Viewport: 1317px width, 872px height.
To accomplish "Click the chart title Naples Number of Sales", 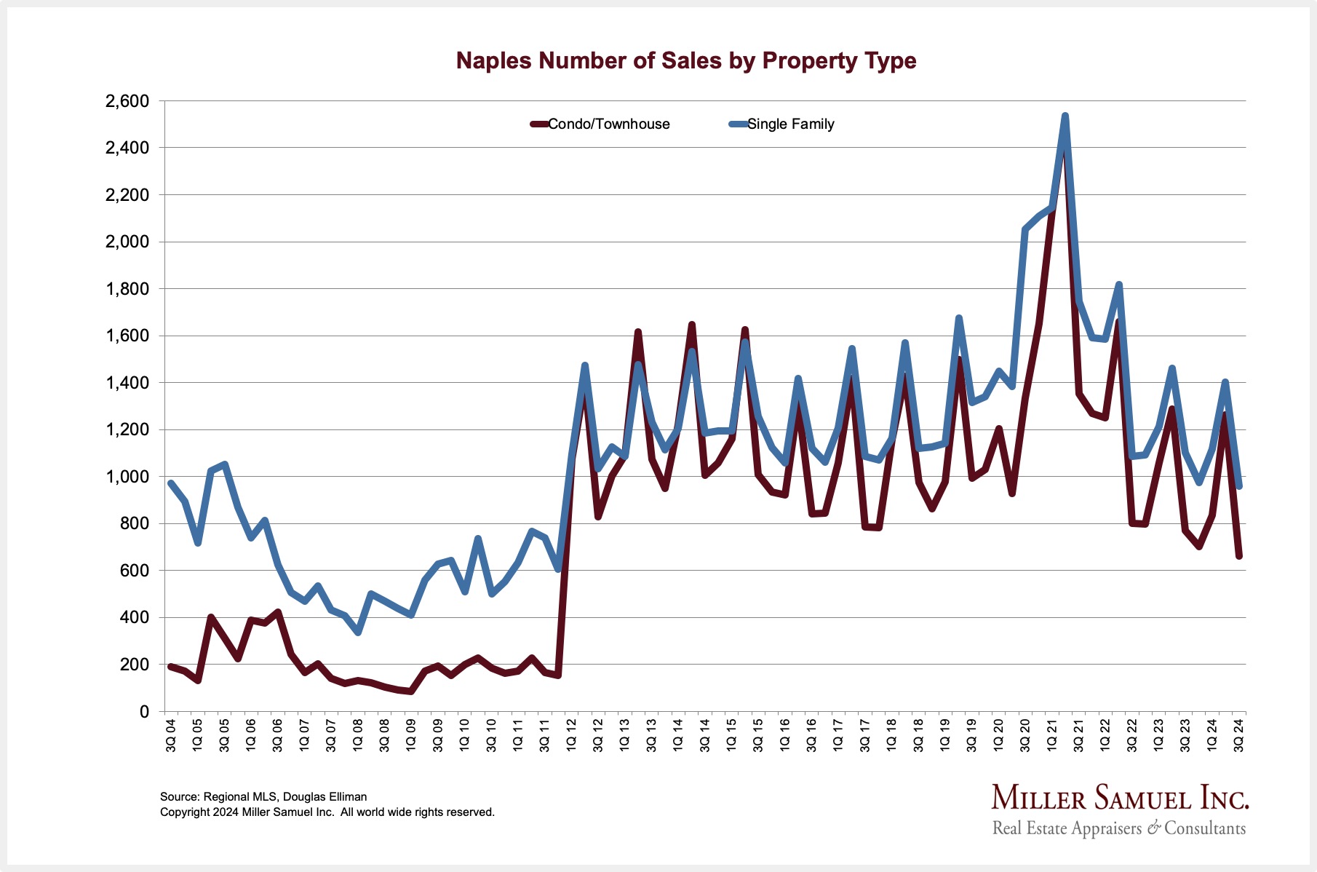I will (x=685, y=60).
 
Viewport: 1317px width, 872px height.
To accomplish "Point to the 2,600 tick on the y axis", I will (x=127, y=101).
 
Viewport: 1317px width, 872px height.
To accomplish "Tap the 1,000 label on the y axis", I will (x=127, y=477).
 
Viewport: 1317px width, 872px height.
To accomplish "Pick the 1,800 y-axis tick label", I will (x=127, y=289).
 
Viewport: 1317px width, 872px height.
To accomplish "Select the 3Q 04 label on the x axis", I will (x=171, y=736).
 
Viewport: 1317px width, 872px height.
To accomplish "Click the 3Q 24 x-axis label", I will (x=1238, y=736).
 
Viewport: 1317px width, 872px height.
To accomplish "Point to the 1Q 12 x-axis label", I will (x=571, y=736).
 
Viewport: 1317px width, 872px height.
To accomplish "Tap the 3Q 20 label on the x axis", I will (x=1025, y=736).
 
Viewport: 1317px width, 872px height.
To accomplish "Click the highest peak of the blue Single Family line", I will (x=1065, y=116).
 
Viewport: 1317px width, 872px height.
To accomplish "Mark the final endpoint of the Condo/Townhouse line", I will (x=1239, y=556).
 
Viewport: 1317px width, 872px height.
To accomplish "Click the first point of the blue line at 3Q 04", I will (x=171, y=483).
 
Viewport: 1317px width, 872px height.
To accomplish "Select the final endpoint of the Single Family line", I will (x=1239, y=486).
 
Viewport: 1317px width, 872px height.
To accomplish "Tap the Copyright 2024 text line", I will (x=327, y=812).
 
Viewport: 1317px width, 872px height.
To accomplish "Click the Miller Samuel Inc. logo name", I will (x=1119, y=799).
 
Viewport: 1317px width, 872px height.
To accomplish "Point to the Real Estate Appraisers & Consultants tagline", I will (x=1118, y=828).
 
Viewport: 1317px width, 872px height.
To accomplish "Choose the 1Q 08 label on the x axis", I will (x=358, y=736).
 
